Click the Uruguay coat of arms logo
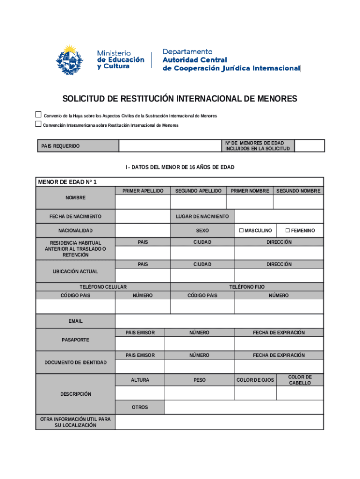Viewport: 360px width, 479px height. point(69,59)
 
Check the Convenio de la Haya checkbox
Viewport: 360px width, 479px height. point(38,115)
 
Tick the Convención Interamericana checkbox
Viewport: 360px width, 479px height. point(38,124)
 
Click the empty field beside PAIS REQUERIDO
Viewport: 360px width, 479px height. point(170,146)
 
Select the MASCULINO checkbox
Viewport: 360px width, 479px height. point(241,231)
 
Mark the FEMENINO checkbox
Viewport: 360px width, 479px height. point(288,231)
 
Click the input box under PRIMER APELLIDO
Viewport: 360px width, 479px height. point(143,202)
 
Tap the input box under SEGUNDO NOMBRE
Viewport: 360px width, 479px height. point(298,202)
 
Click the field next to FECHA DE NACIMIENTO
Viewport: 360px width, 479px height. point(143,217)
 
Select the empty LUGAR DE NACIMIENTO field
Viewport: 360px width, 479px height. point(278,217)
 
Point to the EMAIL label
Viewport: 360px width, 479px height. point(75,321)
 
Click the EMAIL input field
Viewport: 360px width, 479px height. point(219,321)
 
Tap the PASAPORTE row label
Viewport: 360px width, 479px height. point(75,340)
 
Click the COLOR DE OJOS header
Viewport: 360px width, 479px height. point(255,380)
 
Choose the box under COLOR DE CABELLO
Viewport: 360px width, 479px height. point(299,393)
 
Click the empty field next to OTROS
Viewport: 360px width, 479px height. point(244,407)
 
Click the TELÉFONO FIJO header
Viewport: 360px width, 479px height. point(246,286)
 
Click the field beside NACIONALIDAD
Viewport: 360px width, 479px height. point(143,231)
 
